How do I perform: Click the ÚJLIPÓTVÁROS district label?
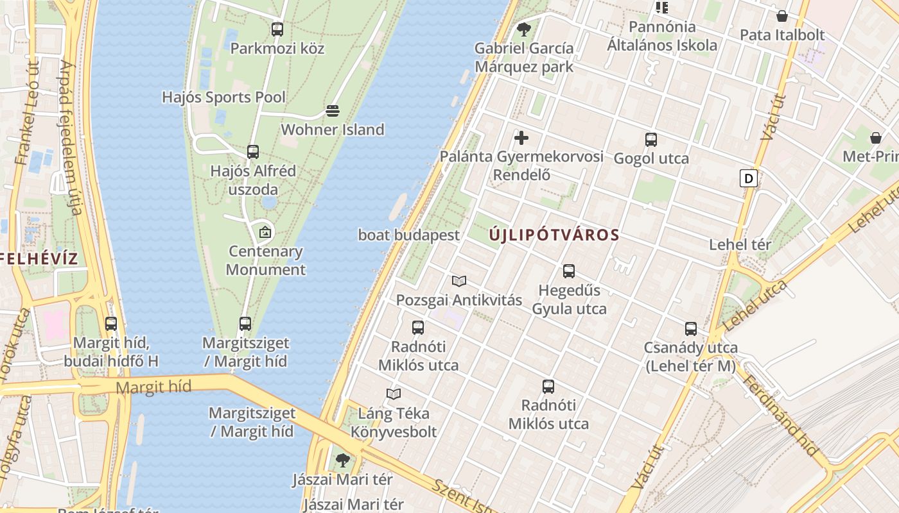point(554,235)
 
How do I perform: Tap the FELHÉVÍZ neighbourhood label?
point(38,258)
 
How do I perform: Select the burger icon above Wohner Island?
point(332,111)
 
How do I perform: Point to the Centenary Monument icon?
point(265,232)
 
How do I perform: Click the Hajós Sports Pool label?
point(223,97)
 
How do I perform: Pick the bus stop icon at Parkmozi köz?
point(277,29)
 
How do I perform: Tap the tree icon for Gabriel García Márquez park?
point(524,29)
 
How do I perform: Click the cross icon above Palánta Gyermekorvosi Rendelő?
point(521,138)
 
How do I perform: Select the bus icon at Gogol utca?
point(651,139)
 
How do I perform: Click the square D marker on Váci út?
point(748,178)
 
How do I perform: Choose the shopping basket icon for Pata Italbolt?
point(782,16)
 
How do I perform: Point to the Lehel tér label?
point(740,244)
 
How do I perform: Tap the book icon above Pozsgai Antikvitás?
point(459,281)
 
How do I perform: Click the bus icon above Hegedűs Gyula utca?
point(569,271)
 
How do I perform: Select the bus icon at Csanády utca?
point(691,329)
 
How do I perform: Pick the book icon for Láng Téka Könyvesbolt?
point(394,394)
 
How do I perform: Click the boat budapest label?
point(409,235)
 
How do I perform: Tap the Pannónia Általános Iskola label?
point(662,36)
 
